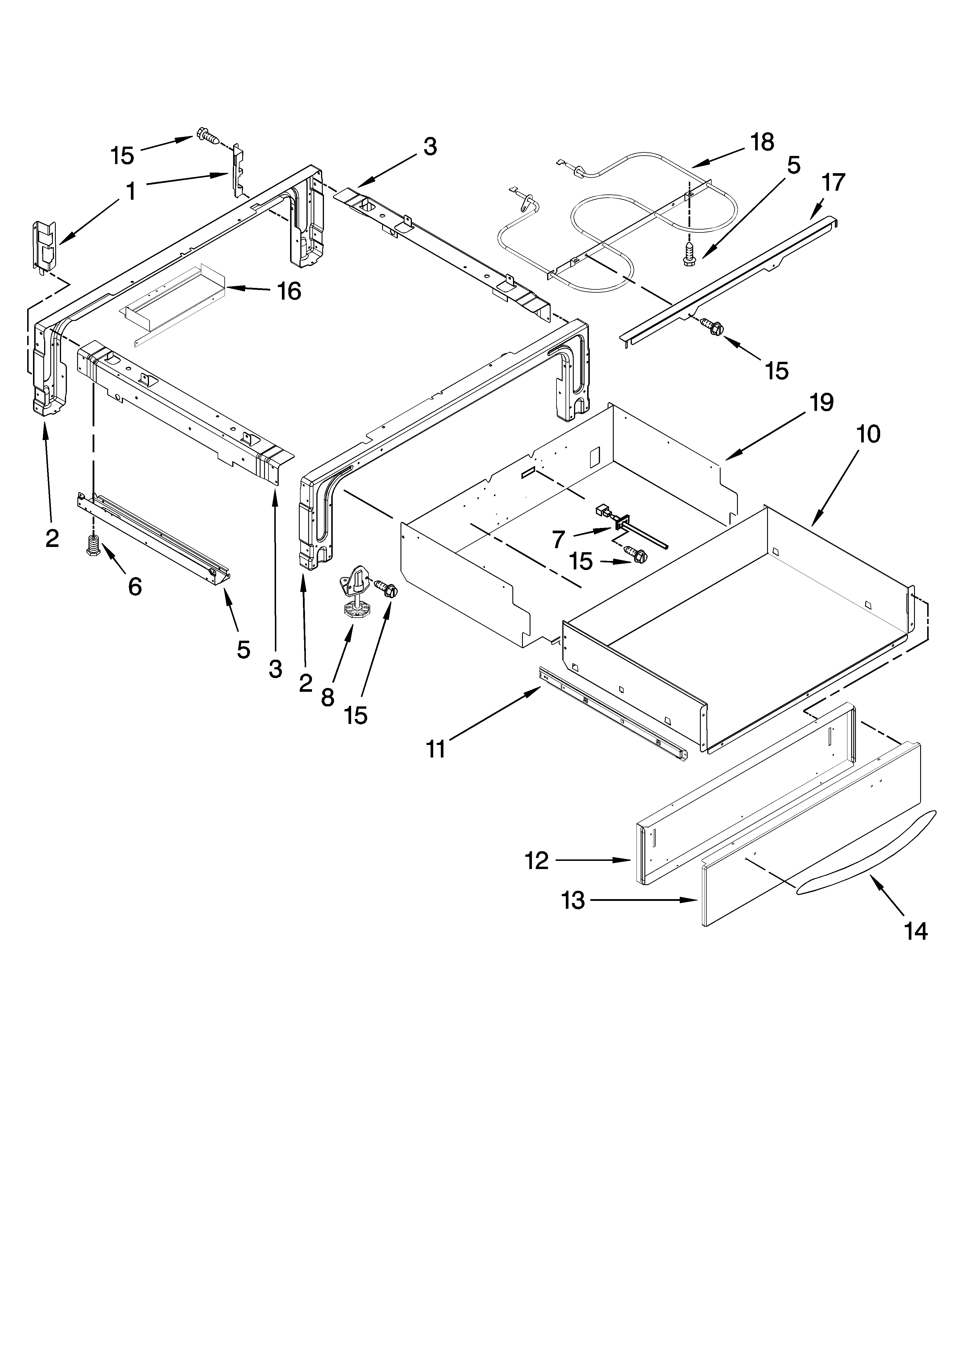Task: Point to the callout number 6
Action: coord(135,587)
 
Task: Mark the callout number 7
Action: coord(558,539)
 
